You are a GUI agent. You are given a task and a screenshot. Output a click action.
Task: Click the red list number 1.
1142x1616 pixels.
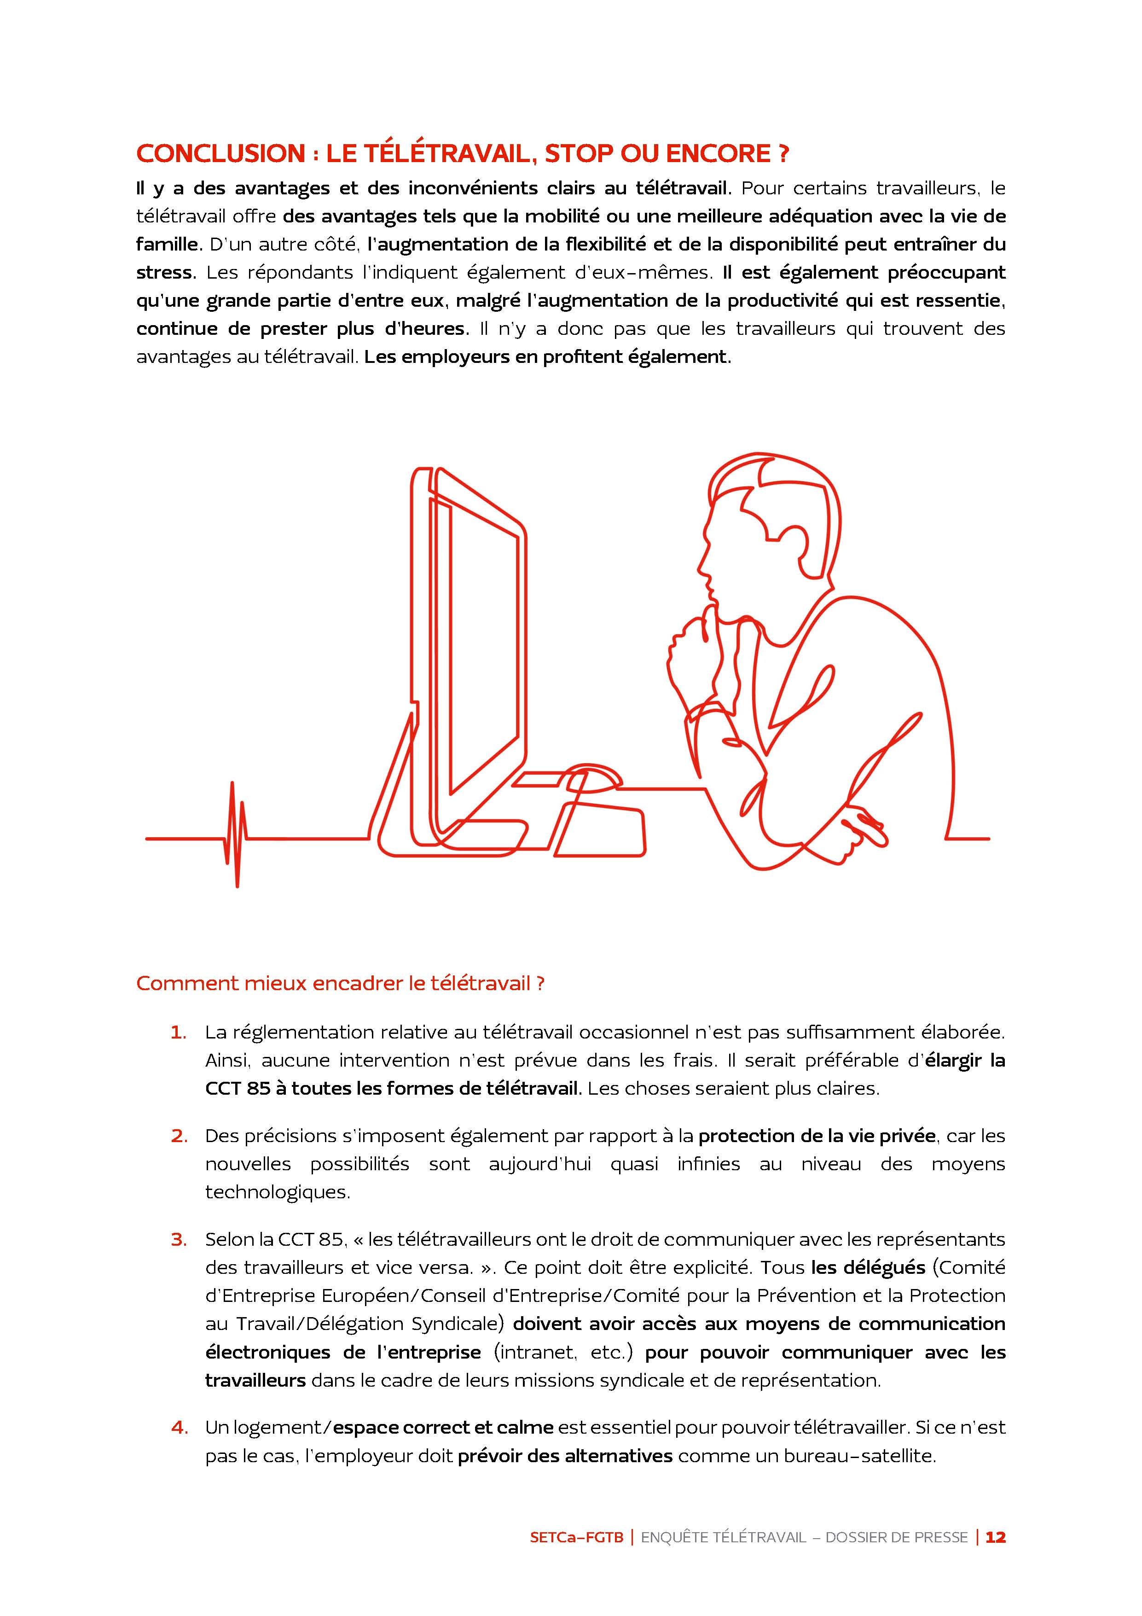pyautogui.click(x=178, y=1033)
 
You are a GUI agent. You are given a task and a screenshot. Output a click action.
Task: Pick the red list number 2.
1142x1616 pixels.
pyautogui.click(x=178, y=1136)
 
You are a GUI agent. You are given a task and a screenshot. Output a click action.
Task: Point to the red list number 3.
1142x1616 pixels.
pyautogui.click(x=179, y=1239)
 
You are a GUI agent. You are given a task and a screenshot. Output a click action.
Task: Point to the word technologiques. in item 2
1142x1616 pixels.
pyautogui.click(x=278, y=1192)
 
